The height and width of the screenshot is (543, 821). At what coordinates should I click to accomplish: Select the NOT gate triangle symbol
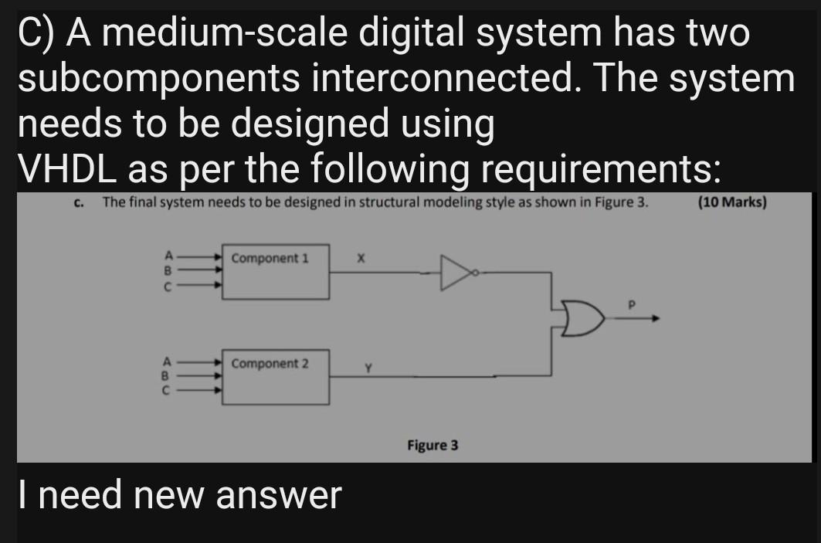pos(456,272)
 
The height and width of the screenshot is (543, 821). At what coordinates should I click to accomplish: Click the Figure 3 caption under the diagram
pos(433,445)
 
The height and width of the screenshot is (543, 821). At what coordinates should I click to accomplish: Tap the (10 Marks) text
pos(731,203)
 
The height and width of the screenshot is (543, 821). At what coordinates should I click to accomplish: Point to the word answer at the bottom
pos(277,495)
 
